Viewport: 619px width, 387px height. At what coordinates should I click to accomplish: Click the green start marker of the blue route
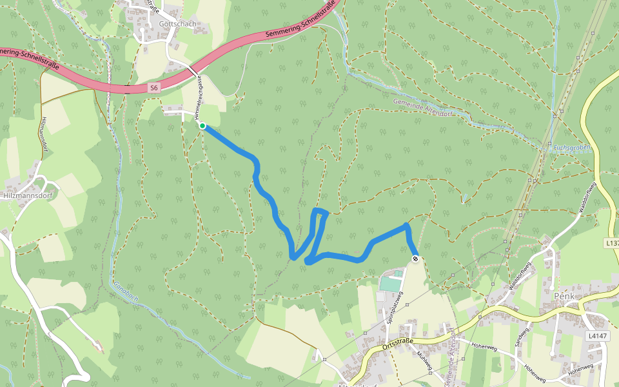202,126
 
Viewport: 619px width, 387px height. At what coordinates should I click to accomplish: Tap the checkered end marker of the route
415,259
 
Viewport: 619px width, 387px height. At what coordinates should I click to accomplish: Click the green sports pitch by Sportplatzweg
389,283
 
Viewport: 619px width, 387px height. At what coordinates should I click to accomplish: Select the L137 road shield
612,243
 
